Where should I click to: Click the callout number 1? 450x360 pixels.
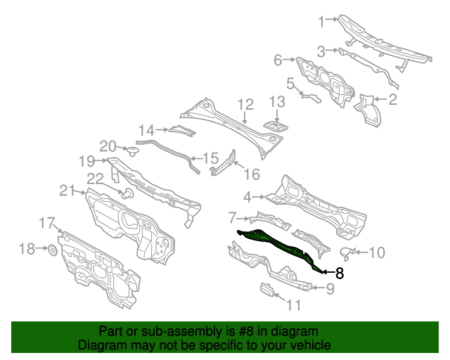pyautogui.click(x=322, y=22)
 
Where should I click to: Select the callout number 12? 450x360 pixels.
pyautogui.click(x=245, y=105)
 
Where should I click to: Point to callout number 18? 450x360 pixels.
pyautogui.click(x=26, y=249)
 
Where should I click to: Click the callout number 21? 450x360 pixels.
pyautogui.click(x=67, y=190)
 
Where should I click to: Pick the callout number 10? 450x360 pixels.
pyautogui.click(x=377, y=252)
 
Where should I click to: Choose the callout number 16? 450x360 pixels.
pyautogui.click(x=252, y=174)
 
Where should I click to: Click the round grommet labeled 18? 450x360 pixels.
pyautogui.click(x=53, y=250)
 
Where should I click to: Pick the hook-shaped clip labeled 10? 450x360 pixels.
pyautogui.click(x=347, y=251)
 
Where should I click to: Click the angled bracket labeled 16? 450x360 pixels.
pyautogui.click(x=224, y=162)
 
